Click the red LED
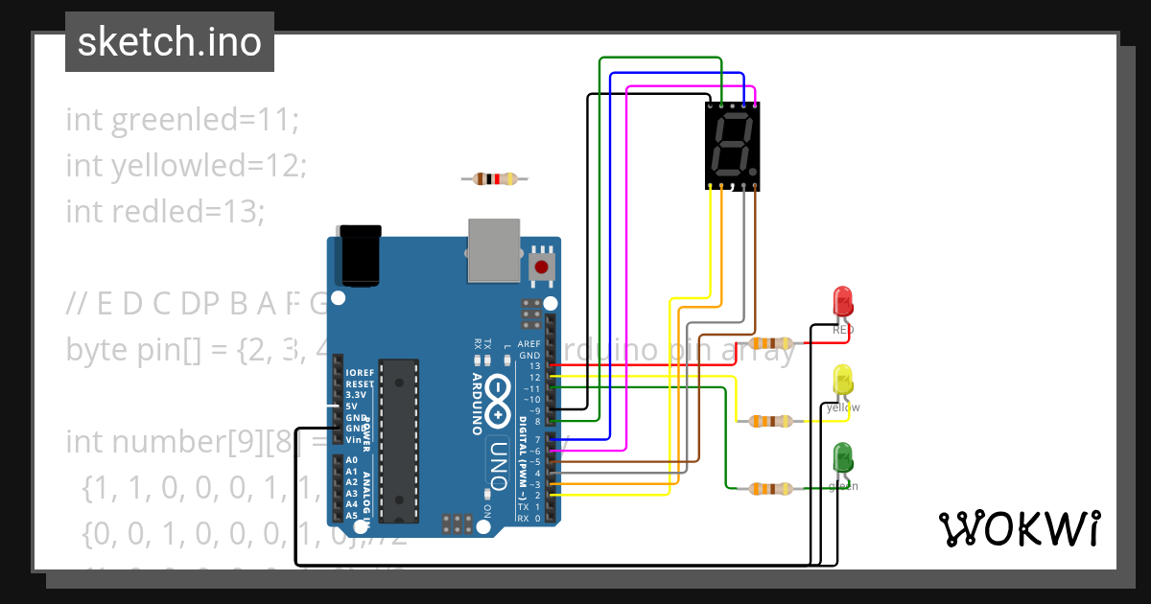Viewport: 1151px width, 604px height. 843,301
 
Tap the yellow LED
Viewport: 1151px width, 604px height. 843,380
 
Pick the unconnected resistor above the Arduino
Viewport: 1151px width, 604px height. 495,178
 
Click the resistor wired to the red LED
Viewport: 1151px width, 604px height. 771,343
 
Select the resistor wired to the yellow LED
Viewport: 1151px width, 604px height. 771,420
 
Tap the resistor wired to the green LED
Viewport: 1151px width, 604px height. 771,488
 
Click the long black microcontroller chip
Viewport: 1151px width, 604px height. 399,440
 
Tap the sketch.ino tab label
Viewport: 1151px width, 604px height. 170,42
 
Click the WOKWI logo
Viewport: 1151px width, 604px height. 1019,528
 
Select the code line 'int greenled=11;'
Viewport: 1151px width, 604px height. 182,120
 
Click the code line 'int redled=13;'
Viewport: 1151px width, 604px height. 164,211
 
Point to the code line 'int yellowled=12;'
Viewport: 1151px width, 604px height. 185,166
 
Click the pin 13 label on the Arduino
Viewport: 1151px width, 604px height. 535,365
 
